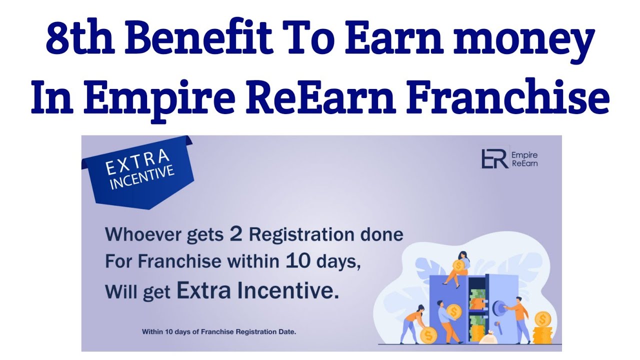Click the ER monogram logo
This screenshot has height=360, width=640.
(x=494, y=158)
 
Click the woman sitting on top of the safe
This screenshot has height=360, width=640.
(x=459, y=267)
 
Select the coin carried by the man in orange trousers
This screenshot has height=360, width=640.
(x=454, y=311)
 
